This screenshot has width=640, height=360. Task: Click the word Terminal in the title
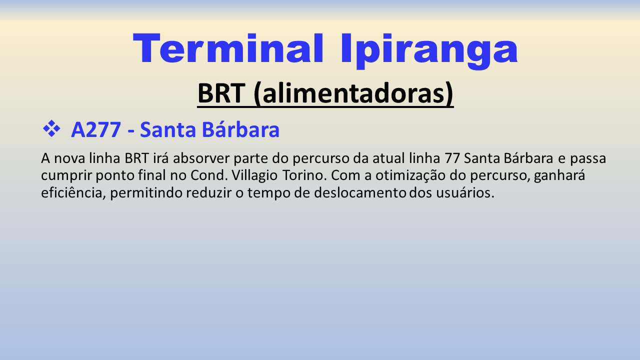click(228, 48)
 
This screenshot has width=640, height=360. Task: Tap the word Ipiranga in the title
click(429, 51)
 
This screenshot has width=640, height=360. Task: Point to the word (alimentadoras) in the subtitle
click(353, 93)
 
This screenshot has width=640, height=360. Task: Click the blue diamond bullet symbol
click(51, 128)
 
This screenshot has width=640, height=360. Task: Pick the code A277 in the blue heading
click(96, 130)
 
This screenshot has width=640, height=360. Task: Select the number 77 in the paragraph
click(452, 158)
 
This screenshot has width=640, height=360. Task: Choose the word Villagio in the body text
click(254, 175)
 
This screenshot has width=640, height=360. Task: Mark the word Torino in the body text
click(304, 175)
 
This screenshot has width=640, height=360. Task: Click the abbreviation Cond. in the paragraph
click(209, 175)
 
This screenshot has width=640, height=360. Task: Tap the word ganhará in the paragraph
click(559, 175)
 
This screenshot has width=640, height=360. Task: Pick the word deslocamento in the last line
click(360, 192)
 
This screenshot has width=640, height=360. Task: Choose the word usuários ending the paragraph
click(465, 192)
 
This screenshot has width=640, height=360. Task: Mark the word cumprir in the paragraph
click(66, 175)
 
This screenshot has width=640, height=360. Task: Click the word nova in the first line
click(69, 158)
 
